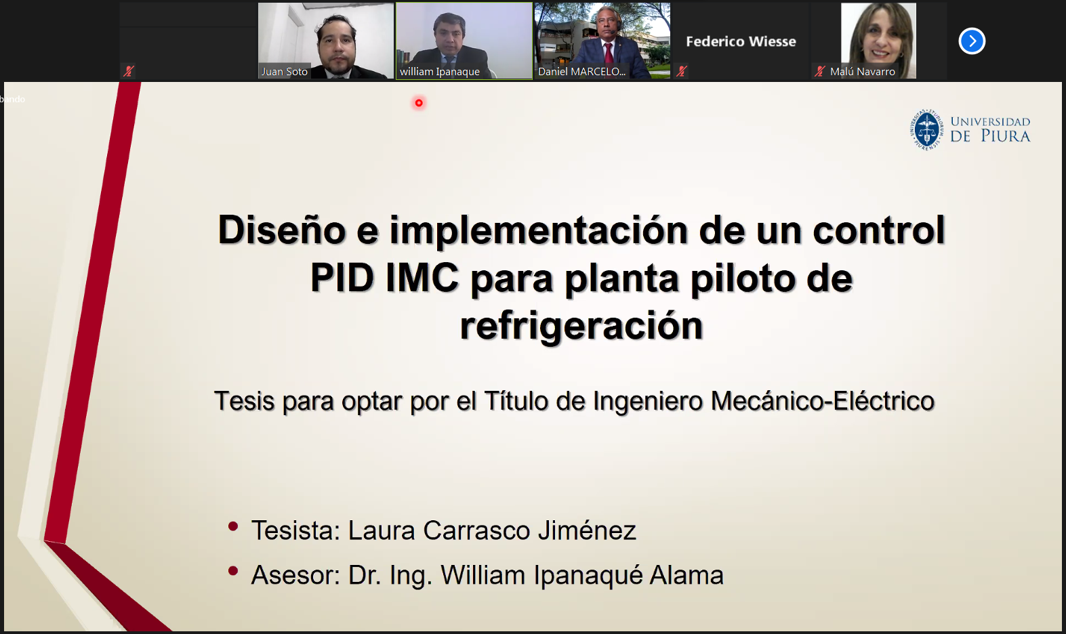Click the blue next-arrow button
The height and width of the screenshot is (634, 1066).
972,41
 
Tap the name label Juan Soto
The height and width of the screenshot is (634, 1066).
284,71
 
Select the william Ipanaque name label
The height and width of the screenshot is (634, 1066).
439,71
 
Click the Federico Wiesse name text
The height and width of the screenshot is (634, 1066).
741,41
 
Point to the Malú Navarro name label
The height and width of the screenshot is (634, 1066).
862,71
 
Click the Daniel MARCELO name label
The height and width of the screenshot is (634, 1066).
581,71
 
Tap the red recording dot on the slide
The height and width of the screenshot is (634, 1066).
419,103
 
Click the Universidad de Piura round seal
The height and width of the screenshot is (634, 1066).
926,129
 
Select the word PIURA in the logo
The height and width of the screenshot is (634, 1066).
1006,136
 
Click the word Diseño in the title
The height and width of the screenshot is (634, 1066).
282,230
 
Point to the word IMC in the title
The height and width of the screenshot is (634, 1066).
422,278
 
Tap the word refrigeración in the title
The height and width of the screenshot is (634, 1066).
581,326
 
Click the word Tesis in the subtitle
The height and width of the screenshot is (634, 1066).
244,400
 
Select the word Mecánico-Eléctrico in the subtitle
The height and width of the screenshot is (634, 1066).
823,400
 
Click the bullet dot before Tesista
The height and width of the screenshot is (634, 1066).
233,526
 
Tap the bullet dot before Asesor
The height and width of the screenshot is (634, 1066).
233,571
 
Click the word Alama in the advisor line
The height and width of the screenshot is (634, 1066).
686,574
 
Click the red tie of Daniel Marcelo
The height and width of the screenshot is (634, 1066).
609,52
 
